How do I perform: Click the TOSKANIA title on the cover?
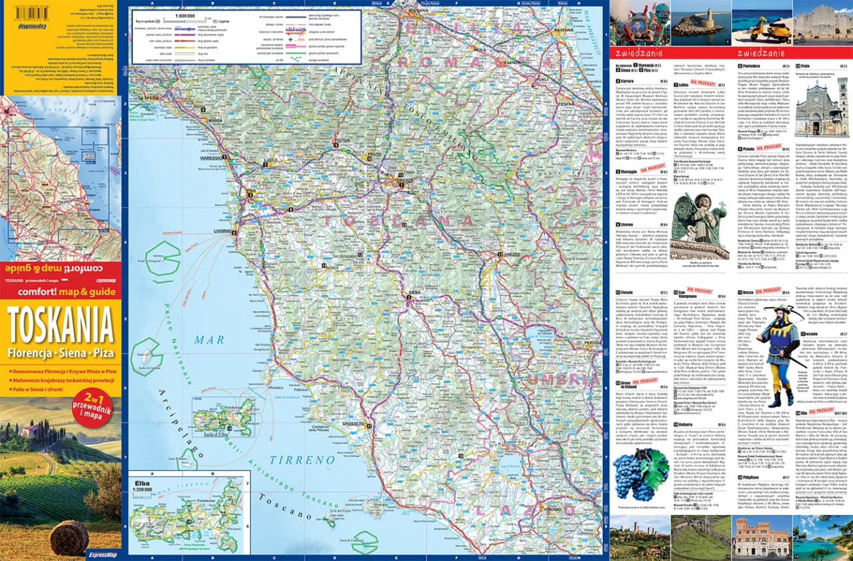pos(61,326)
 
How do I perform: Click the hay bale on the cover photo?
pos(69,537)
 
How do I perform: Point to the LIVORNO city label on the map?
pos(221,232)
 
